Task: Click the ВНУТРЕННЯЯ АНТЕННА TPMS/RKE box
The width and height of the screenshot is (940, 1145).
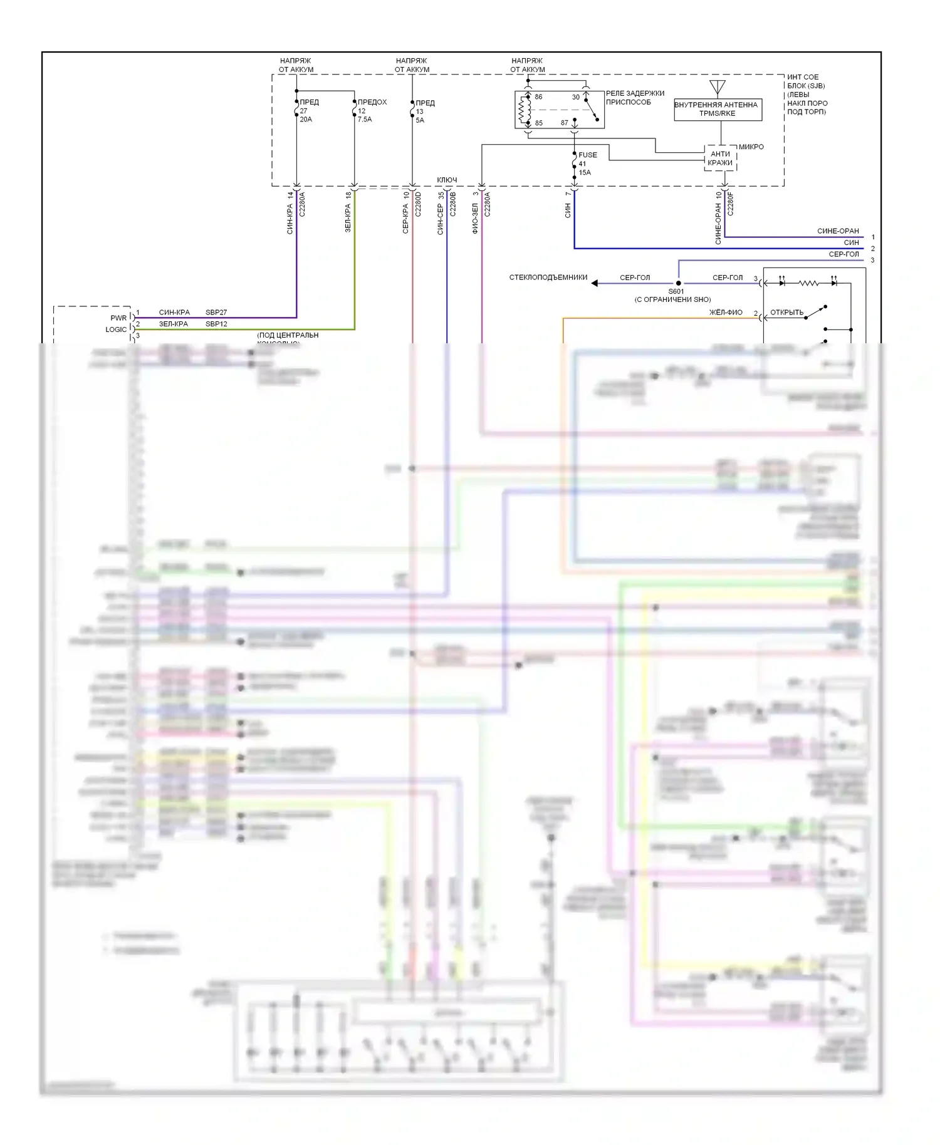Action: tap(718, 109)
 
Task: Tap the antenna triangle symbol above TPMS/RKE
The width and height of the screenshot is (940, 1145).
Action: tap(718, 86)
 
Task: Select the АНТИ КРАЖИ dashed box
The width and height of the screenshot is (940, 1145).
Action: tap(720, 158)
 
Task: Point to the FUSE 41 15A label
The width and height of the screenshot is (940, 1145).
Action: tap(587, 163)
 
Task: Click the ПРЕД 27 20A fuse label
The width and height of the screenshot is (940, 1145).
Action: tap(308, 110)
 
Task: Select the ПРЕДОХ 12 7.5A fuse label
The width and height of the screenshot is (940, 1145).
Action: tap(372, 110)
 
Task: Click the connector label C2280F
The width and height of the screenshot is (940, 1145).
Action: tap(731, 204)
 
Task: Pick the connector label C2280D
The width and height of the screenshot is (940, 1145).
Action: tap(418, 204)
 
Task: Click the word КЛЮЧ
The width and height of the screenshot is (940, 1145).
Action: tap(447, 180)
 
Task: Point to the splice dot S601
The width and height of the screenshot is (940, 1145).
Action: tap(678, 283)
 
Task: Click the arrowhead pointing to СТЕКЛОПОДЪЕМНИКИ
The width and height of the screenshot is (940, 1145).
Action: tap(595, 283)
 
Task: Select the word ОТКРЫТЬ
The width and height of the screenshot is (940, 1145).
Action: tap(786, 313)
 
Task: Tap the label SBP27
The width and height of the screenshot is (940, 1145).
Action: tap(216, 312)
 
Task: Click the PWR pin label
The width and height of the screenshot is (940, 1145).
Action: tap(118, 318)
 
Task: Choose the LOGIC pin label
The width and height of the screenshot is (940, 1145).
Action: tap(116, 329)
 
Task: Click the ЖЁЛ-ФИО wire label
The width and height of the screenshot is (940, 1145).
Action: tap(726, 312)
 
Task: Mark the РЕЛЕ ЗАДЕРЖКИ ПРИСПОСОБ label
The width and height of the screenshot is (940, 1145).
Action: tap(634, 98)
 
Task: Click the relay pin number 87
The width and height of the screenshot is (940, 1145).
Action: tap(564, 123)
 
